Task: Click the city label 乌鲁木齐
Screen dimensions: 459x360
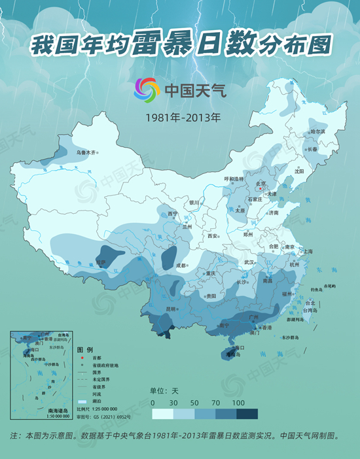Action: coord(86,152)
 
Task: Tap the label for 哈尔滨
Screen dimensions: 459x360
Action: coord(317,132)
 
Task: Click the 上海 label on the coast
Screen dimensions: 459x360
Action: coord(308,251)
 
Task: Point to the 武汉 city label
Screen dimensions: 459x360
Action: coord(249,262)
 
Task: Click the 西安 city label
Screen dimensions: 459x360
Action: coord(213,236)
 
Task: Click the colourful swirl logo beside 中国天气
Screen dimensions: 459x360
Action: coord(147,90)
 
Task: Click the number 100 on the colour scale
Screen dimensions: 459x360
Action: coord(238,402)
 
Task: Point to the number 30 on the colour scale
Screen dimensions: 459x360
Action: coord(173,402)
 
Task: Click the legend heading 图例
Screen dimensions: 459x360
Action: coord(86,350)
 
